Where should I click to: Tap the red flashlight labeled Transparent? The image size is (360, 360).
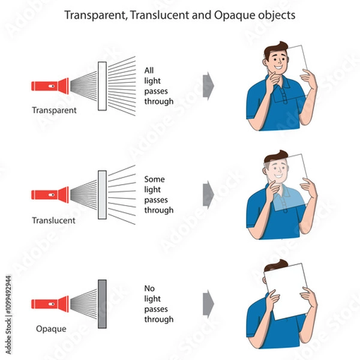[x=50, y=86]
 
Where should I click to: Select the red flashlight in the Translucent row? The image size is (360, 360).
[x=50, y=195]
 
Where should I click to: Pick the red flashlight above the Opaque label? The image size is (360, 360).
[x=50, y=304]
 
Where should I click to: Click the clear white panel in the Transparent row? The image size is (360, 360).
[x=102, y=86]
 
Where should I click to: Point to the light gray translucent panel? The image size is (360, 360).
[x=102, y=194]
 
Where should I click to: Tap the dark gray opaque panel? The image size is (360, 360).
[x=102, y=304]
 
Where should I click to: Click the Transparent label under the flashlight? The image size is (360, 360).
[x=54, y=110]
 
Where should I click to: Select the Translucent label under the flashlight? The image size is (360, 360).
[x=54, y=220]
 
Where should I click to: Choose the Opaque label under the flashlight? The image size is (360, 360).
[x=51, y=329]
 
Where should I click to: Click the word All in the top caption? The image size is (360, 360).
[x=149, y=70]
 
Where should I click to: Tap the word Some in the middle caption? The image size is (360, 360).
[x=155, y=179]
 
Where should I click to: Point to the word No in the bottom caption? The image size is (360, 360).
[x=149, y=288]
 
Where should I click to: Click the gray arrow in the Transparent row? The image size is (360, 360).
[x=208, y=86]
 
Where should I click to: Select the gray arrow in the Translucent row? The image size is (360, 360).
[x=208, y=194]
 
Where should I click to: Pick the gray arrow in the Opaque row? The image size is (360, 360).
[x=208, y=304]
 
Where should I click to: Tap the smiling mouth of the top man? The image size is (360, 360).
[x=278, y=67]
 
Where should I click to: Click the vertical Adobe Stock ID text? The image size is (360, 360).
[x=8, y=315]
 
